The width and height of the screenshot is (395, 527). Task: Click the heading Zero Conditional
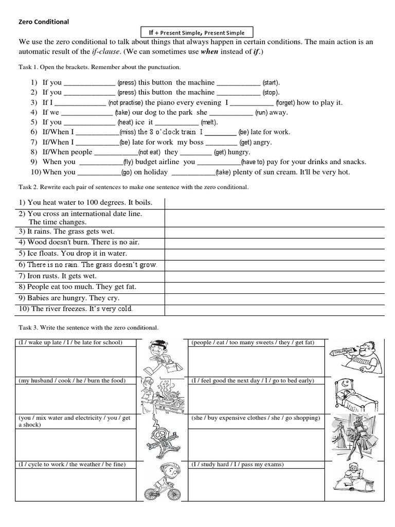[44, 22]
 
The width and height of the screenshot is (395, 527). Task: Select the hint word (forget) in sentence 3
[285, 103]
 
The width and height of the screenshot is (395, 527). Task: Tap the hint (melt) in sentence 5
[209, 122]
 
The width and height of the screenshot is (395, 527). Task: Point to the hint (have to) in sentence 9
[253, 162]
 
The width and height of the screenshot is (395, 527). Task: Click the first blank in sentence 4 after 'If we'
[86, 113]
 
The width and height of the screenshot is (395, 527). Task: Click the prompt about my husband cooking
[72, 381]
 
